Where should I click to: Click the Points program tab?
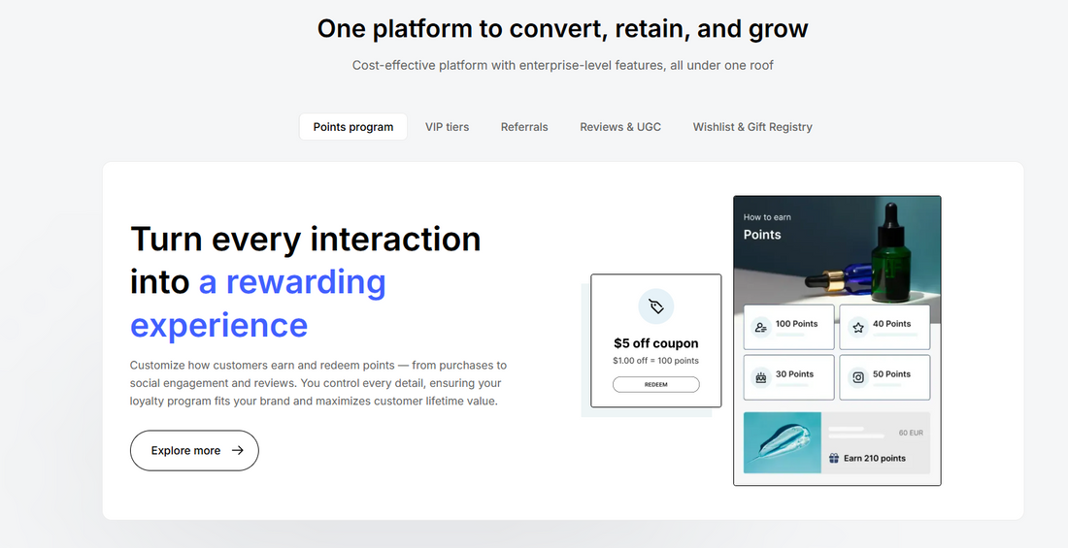pyautogui.click(x=353, y=127)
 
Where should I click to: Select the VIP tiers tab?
pyautogui.click(x=447, y=127)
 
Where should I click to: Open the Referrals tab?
pyautogui.click(x=524, y=127)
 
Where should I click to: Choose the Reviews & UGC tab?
pyautogui.click(x=620, y=127)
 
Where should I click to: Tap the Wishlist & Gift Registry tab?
pyautogui.click(x=752, y=127)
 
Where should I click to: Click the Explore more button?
pyautogui.click(x=194, y=451)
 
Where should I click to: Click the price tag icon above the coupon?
pyautogui.click(x=656, y=306)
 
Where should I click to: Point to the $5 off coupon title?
pyautogui.click(x=655, y=343)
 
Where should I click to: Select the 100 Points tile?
pyautogui.click(x=788, y=327)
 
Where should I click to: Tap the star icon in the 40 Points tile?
pyautogui.click(x=858, y=328)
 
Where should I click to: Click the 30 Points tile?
pyautogui.click(x=788, y=377)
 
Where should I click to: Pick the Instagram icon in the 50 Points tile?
pyautogui.click(x=858, y=378)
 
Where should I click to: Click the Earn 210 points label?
pyautogui.click(x=874, y=459)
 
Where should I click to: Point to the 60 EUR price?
pyautogui.click(x=910, y=433)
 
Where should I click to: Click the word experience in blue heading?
pyautogui.click(x=218, y=325)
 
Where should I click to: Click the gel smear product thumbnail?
pyautogui.click(x=783, y=443)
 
